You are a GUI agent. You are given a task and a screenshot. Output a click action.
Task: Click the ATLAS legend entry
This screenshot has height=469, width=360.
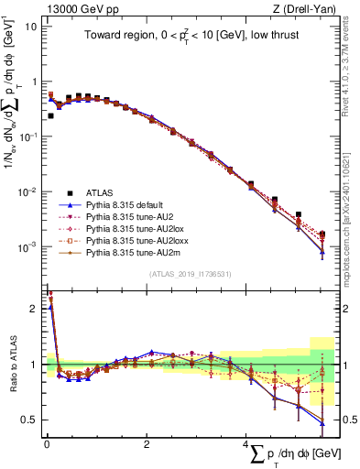tap(101, 192)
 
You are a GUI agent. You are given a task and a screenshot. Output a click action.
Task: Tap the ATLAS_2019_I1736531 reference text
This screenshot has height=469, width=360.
tap(190, 273)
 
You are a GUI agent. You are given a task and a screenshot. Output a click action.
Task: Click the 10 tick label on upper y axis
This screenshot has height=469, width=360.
tap(30, 26)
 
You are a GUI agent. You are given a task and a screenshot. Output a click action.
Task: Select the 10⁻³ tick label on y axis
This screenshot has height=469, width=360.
tap(27, 247)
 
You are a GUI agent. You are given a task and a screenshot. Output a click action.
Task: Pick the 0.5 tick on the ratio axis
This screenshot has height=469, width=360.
tap(29, 420)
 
